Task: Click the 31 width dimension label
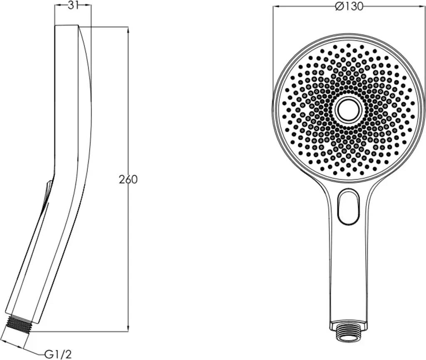pyautogui.click(x=72, y=6)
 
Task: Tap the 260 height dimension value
pyautogui.click(x=128, y=180)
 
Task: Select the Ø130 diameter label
pyautogui.click(x=349, y=6)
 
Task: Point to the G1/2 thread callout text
pyautogui.click(x=58, y=354)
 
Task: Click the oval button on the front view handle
pyautogui.click(x=349, y=207)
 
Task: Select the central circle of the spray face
pyautogui.click(x=349, y=110)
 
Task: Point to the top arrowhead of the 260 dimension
pyautogui.click(x=128, y=30)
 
